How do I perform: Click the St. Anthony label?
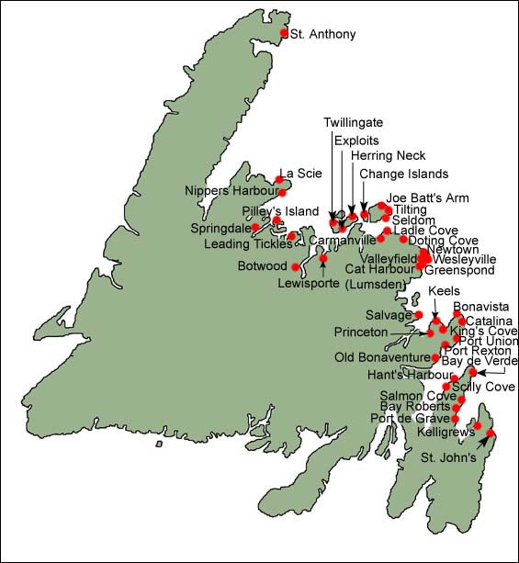pyautogui.click(x=322, y=34)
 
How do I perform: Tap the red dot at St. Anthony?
pyautogui.click(x=284, y=33)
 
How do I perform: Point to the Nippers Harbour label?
pyautogui.click(x=230, y=191)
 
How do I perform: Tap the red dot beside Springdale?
pyautogui.click(x=255, y=227)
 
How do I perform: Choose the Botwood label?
pyautogui.click(x=259, y=266)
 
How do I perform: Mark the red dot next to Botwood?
pyautogui.click(x=296, y=267)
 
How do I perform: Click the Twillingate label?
pyautogui.click(x=353, y=122)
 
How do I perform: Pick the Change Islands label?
pyautogui.click(x=403, y=173)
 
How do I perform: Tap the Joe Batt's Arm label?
pyautogui.click(x=421, y=197)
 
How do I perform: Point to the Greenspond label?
pyautogui.click(x=459, y=271)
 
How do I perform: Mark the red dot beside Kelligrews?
pyautogui.click(x=477, y=425)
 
